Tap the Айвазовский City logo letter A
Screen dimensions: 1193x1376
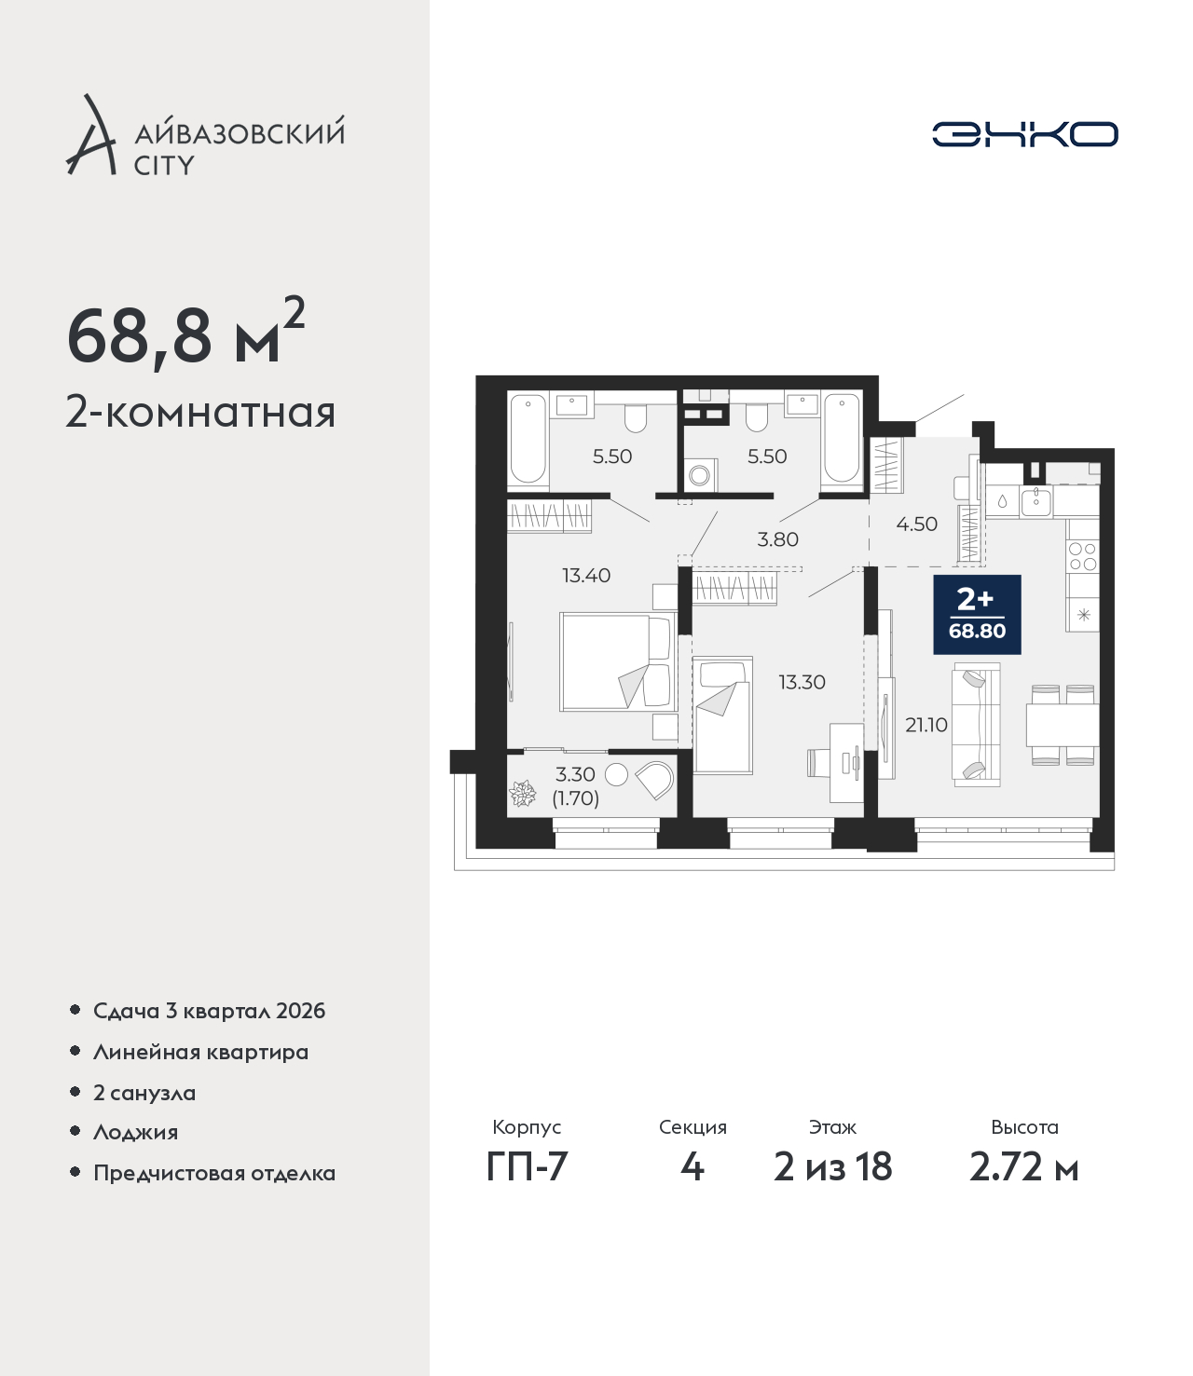tap(89, 135)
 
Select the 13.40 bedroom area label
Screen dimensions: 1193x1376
tap(586, 575)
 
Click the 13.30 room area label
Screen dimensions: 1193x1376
tap(802, 682)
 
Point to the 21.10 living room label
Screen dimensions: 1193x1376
tap(926, 724)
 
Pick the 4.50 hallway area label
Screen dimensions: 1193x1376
tap(916, 524)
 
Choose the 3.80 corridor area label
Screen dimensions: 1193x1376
tap(777, 539)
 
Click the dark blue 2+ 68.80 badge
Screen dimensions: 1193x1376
tap(977, 614)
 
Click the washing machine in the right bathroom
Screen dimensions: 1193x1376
tap(700, 474)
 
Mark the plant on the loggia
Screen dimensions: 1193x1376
tap(522, 794)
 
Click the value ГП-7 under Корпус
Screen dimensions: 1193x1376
tap(527, 1167)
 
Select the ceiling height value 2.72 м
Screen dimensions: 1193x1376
tap(1023, 1167)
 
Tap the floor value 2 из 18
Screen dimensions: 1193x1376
tap(832, 1167)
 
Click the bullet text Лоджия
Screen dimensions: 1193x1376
tap(136, 1132)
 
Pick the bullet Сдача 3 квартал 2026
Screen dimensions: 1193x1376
tap(209, 1011)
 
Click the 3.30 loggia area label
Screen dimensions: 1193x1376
tap(575, 774)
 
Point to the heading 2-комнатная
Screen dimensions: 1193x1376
tap(200, 414)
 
